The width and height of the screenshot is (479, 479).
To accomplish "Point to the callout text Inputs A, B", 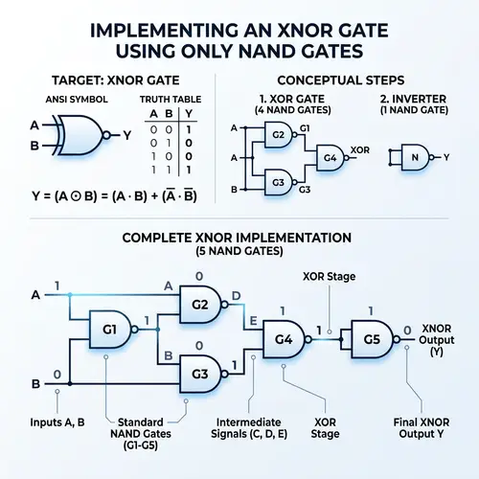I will (x=58, y=421).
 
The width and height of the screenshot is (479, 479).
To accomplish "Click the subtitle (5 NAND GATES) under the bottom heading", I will (x=239, y=252).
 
